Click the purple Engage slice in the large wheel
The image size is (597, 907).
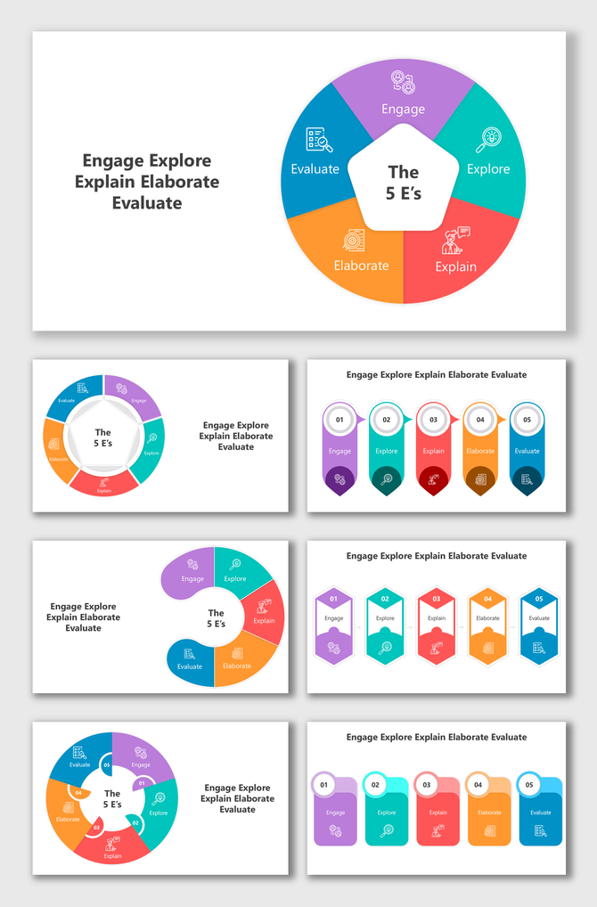pos(403,98)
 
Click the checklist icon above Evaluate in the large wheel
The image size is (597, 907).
pos(318,140)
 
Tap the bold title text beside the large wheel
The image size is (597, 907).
pos(147,182)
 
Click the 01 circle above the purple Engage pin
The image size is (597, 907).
pos(339,419)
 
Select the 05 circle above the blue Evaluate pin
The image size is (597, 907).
pos(527,419)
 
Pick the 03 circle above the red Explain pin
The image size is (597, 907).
pos(433,419)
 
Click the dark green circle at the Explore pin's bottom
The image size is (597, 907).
pos(386,479)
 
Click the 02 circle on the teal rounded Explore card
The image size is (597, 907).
pos(375,785)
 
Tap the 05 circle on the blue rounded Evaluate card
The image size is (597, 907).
pos(529,785)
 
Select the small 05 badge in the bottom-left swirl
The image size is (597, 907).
pos(107,764)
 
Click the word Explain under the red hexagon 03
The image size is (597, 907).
pos(437,618)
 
